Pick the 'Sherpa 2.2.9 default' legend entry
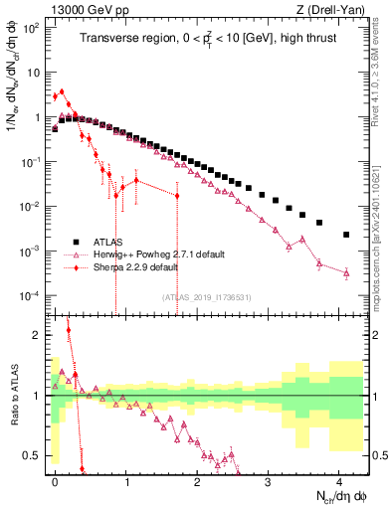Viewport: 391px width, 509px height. [141, 267]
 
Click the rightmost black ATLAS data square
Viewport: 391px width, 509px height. [346, 235]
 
